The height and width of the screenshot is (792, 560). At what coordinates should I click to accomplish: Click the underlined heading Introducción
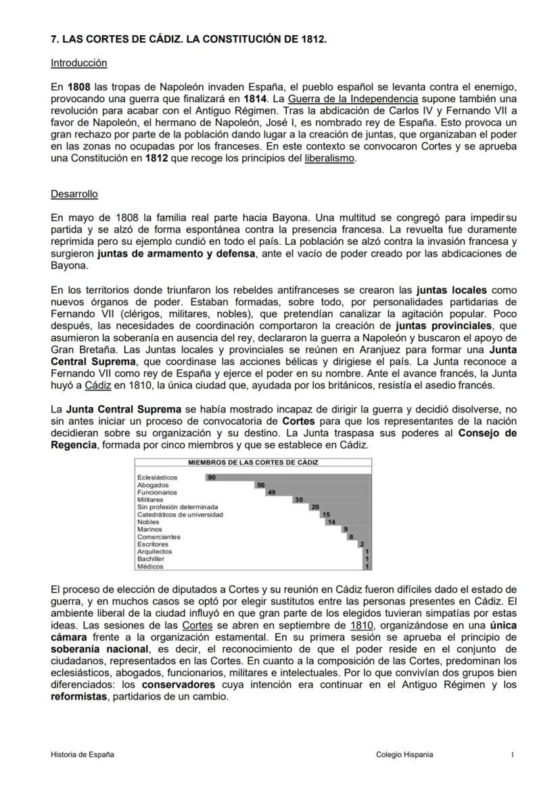click(79, 63)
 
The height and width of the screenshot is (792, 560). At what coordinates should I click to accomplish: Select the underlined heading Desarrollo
click(74, 194)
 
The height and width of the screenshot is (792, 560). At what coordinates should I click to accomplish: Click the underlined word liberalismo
click(329, 159)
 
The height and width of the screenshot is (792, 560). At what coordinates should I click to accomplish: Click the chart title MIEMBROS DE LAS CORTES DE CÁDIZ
click(253, 463)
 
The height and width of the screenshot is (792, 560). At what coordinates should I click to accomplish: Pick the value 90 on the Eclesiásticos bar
click(212, 477)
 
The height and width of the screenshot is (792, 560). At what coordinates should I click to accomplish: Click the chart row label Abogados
click(149, 485)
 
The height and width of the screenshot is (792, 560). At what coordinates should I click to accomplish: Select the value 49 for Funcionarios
click(271, 492)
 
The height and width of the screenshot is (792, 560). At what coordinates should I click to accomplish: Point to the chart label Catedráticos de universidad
click(180, 515)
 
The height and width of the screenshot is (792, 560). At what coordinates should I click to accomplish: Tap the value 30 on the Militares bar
click(298, 500)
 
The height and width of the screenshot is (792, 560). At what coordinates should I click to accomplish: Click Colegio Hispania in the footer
click(404, 755)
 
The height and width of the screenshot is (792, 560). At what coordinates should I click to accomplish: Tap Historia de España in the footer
click(82, 755)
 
